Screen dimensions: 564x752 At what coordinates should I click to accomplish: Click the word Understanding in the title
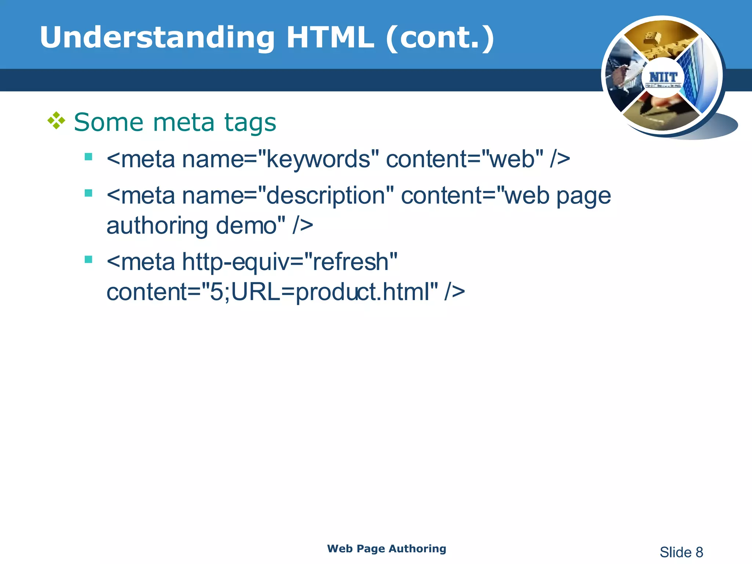[x=157, y=38]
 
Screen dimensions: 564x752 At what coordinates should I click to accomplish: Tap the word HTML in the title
[x=330, y=38]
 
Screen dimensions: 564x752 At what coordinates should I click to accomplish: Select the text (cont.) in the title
[x=440, y=38]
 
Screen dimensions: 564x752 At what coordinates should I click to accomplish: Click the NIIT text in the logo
[x=663, y=77]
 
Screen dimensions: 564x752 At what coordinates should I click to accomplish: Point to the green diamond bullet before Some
[x=56, y=121]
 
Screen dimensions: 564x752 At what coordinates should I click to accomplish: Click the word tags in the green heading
[x=250, y=122]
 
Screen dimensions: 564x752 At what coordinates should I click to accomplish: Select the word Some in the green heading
[x=108, y=122]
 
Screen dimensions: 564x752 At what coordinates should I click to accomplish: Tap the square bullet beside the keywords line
[x=88, y=157]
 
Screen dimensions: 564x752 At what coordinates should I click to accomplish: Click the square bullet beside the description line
[x=88, y=193]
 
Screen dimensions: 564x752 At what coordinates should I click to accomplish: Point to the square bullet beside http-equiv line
[x=88, y=260]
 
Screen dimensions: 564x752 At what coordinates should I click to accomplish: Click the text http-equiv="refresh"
[x=290, y=262]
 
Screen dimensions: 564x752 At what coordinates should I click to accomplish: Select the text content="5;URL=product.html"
[x=272, y=292]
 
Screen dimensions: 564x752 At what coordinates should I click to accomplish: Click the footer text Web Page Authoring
[x=387, y=549]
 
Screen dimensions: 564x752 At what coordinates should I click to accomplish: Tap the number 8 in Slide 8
[x=699, y=552]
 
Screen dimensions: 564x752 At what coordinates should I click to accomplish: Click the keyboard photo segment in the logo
[x=661, y=40]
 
